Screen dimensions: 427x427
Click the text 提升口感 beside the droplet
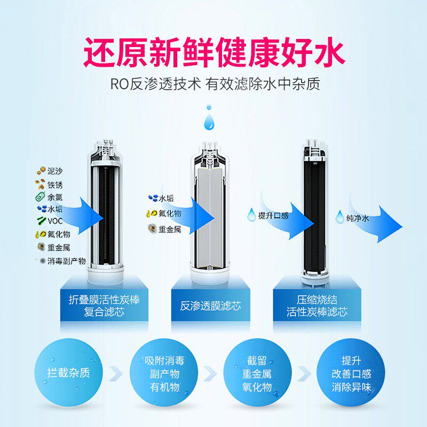point(274,216)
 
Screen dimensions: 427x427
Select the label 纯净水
point(358,218)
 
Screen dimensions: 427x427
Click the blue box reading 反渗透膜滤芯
point(211,305)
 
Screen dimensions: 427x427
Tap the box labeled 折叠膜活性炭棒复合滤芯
point(104,305)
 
